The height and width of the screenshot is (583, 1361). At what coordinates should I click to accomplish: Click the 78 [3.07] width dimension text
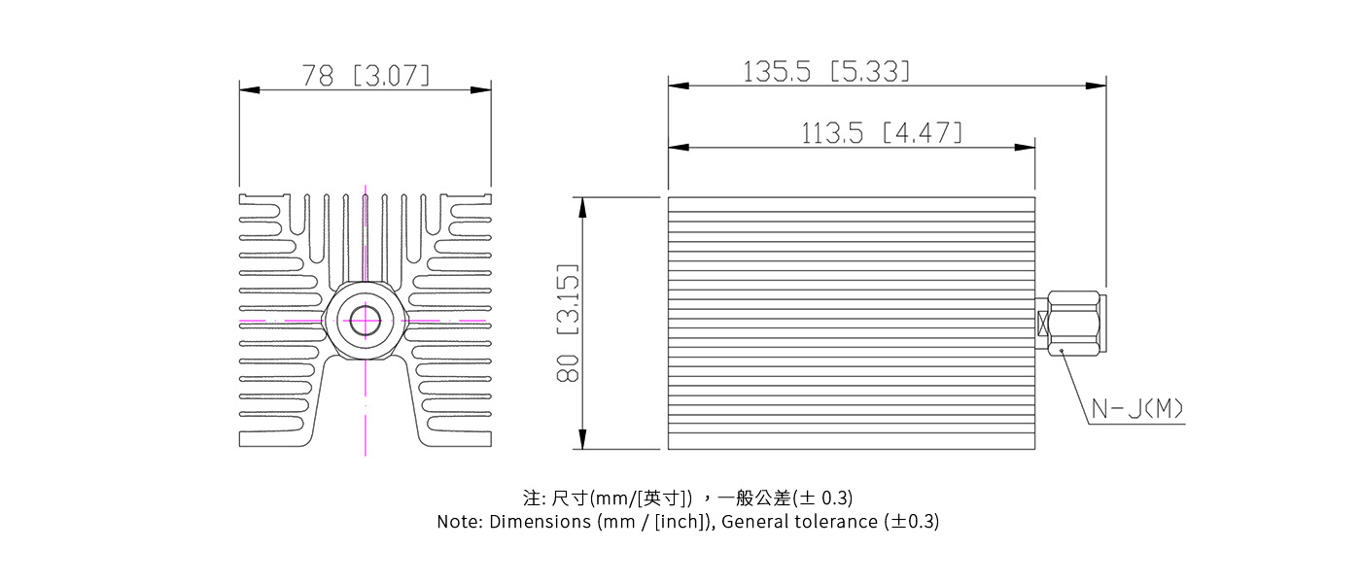tap(366, 76)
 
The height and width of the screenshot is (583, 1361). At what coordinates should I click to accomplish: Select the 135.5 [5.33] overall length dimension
tap(826, 71)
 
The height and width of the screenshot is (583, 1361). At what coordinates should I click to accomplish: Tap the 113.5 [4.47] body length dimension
tap(881, 133)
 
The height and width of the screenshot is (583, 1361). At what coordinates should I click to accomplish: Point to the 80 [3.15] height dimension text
tap(568, 323)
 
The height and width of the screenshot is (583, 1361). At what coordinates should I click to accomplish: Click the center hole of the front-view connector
tap(366, 320)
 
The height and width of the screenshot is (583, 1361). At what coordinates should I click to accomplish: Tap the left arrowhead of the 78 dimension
tap(249, 90)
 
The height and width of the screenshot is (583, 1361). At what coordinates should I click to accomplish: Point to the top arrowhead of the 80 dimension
tap(581, 207)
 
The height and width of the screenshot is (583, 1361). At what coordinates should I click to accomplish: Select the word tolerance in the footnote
tap(835, 522)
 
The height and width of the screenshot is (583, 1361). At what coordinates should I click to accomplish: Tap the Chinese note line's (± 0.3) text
tap(823, 498)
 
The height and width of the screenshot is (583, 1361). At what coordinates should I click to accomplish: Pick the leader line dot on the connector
tap(1062, 351)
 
